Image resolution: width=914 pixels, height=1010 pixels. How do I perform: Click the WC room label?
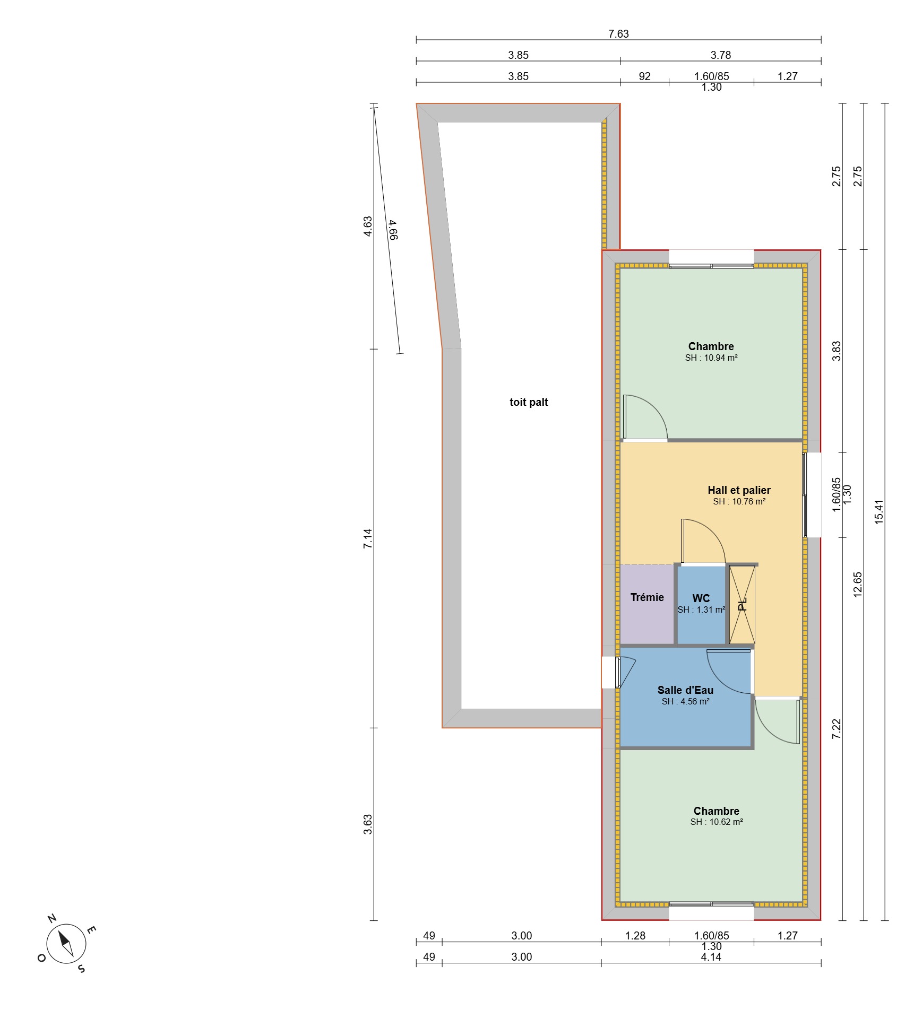701,598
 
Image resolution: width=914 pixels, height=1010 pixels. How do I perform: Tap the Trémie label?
647,597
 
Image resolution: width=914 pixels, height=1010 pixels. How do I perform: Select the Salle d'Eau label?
685,690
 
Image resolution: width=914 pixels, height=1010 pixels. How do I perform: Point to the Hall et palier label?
739,490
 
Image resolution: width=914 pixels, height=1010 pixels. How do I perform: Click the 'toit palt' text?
529,402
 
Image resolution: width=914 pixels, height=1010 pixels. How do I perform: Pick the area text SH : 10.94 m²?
711,358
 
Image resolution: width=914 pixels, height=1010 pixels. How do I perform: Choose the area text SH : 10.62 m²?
717,822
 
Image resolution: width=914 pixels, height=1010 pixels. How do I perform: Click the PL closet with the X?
742,605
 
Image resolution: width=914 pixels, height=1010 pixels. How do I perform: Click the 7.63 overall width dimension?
618,34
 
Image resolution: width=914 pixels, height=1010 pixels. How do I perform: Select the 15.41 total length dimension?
879,512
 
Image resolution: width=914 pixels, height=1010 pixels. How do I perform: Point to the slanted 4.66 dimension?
393,230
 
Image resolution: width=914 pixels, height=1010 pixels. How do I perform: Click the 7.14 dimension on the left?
368,538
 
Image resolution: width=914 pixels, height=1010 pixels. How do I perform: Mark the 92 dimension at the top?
644,76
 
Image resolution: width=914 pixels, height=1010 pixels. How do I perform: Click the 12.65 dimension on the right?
858,585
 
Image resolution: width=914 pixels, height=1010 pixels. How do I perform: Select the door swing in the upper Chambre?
645,417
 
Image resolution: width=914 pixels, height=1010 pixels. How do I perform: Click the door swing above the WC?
703,541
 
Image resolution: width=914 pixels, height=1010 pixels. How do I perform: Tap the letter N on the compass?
52,918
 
